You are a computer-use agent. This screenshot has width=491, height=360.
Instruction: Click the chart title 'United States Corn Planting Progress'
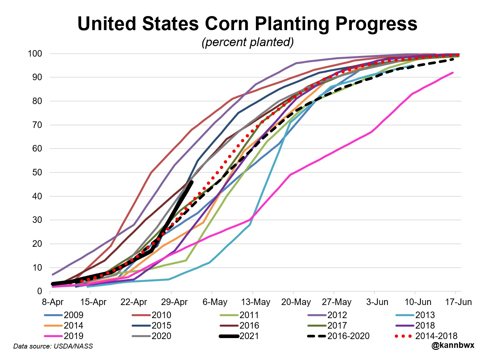coord(247,24)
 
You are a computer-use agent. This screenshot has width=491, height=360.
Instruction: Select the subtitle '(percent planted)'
coord(247,42)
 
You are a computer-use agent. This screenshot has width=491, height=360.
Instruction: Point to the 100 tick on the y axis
coord(35,54)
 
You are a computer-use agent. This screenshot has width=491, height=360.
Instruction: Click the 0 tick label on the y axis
coord(40,291)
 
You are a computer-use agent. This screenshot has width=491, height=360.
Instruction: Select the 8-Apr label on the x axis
coord(53,302)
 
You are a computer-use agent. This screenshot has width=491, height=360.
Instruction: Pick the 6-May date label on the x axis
coord(215,302)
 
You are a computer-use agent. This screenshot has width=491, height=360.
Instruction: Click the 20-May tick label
coord(296,302)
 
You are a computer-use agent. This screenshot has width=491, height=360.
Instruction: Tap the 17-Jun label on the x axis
coord(458,302)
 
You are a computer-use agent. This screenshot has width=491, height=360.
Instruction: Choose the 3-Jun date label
coord(377,302)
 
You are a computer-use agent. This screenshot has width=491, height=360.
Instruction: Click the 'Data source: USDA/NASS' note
coord(53,346)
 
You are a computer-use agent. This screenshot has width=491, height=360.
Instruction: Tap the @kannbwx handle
coord(453,345)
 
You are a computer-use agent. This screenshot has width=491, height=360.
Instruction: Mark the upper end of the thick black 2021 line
coord(191,182)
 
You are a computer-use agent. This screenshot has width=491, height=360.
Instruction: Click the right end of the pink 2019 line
coord(453,73)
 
